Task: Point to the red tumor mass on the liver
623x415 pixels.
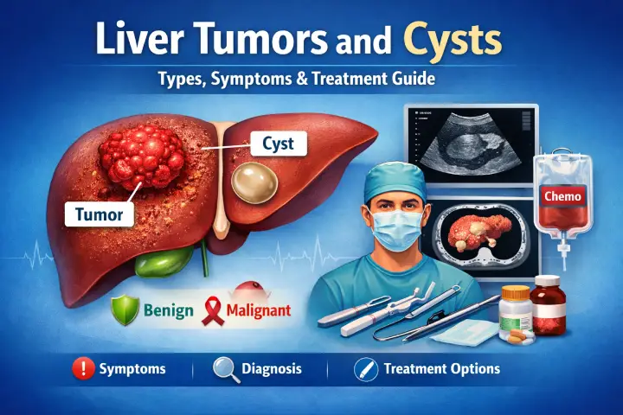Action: (140, 155)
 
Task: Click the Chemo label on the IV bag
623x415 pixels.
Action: (564, 195)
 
